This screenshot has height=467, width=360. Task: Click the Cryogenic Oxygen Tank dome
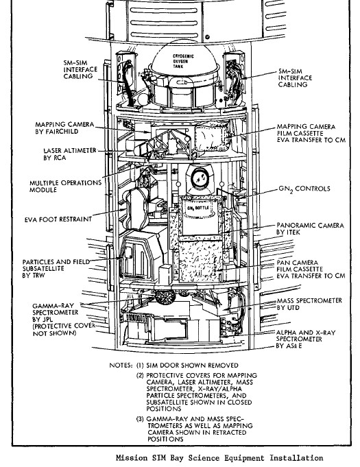[x=184, y=58]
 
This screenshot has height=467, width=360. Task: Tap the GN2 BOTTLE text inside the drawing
[x=197, y=208]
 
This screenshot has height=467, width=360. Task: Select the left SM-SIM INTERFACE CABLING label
[x=80, y=69]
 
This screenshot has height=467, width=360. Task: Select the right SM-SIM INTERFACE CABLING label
[x=295, y=77]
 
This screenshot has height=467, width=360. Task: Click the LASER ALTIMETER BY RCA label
[x=70, y=154]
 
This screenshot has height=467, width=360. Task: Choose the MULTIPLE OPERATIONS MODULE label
[x=66, y=186]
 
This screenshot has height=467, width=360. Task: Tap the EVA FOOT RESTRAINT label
[x=58, y=219]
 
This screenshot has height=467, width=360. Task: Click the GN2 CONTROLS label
[x=304, y=189]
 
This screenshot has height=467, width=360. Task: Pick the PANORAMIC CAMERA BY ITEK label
[x=310, y=229]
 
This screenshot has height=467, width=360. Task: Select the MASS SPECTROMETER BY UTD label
[x=309, y=304]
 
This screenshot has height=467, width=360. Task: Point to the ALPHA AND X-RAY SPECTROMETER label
[x=306, y=339]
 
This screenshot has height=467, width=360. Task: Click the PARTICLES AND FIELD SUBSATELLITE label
[x=56, y=269]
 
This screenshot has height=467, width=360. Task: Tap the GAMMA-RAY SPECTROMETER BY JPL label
[x=63, y=320]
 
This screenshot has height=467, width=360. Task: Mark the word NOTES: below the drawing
[x=121, y=365]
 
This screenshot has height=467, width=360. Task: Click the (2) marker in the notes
[x=140, y=375]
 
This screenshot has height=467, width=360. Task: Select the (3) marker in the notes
[x=140, y=419]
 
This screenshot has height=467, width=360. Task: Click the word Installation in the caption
[x=297, y=457]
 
